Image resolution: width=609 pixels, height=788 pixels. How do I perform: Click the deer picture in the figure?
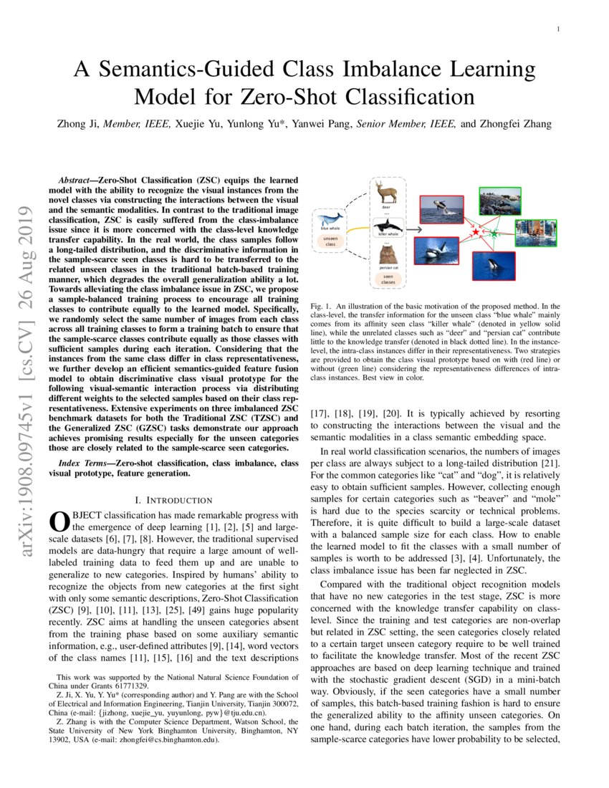tap(387, 192)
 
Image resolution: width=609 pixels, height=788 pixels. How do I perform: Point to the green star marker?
tap(493, 234)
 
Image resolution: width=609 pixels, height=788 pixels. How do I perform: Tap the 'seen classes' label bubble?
tap(388, 279)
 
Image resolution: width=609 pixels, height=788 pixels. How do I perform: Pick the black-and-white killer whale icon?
tap(388, 223)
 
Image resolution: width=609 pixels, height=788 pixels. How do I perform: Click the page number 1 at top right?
tap(557, 29)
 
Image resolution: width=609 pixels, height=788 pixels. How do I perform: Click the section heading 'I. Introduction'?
tap(173, 499)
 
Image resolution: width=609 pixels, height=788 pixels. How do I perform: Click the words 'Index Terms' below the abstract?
tap(85, 464)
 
